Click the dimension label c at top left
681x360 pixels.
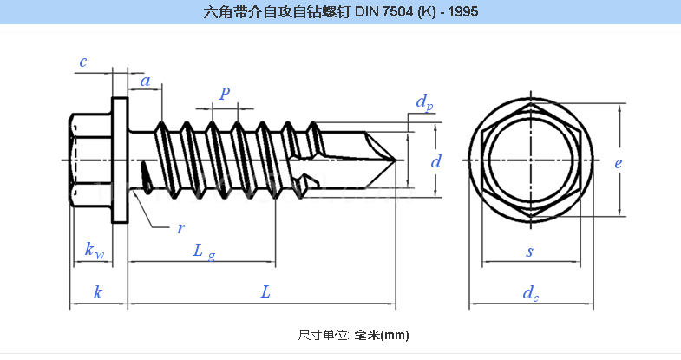coord(82,62)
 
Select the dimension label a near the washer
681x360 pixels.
coord(146,82)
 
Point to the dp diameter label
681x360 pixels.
coord(424,103)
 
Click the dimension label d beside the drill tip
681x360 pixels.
coord(436,161)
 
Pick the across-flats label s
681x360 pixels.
coord(529,252)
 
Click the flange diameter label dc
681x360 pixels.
coord(530,293)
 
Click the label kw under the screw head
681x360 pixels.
coord(95,252)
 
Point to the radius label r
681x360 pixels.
coord(180,228)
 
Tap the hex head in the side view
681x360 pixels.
coord(89,160)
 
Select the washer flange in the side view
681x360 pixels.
coord(120,160)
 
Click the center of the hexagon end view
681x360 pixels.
coord(529,160)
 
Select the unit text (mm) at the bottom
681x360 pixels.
coord(394,335)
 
